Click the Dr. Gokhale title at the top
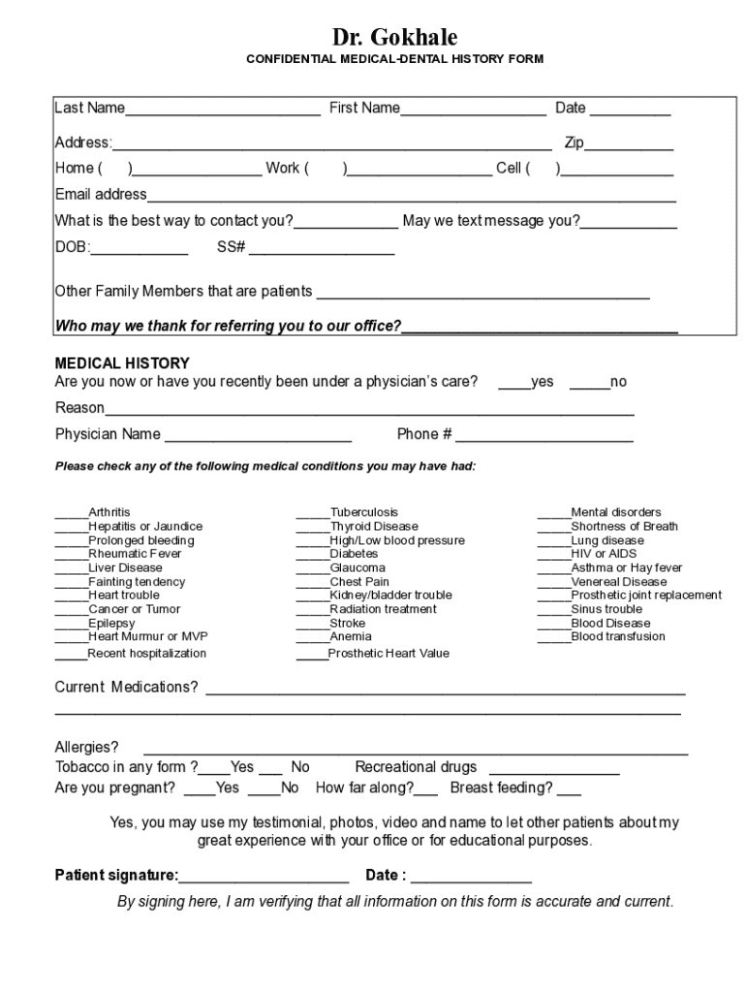coord(394,38)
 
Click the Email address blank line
coord(411,198)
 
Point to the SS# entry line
coord(322,251)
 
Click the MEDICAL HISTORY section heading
coord(122,364)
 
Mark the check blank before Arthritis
coord(71,514)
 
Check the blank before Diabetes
coord(312,556)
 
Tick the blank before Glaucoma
coord(312,569)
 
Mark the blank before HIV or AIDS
coord(553,556)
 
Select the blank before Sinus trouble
coord(553,611)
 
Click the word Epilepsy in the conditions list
coord(111,624)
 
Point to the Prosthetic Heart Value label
coord(389,654)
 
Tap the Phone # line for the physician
coord(544,437)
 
